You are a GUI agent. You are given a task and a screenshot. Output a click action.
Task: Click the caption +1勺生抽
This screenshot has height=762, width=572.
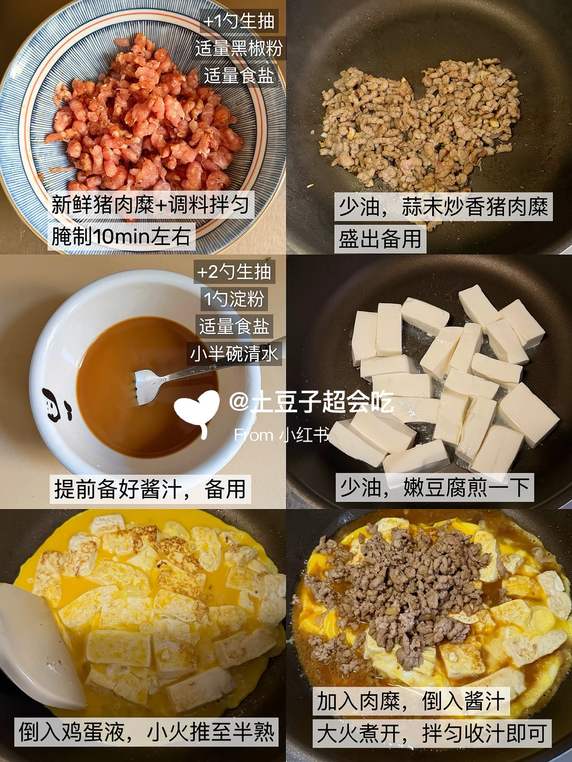pyautogui.click(x=239, y=21)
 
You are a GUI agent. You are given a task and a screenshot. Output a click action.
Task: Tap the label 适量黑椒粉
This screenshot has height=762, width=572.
pyautogui.click(x=239, y=48)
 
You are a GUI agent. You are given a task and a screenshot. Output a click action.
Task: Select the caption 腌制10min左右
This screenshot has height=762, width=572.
pyautogui.click(x=121, y=237)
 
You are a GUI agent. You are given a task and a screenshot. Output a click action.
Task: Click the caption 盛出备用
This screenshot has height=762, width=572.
pyautogui.click(x=380, y=239)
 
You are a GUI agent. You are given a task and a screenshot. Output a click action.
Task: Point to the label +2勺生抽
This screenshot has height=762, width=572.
pyautogui.click(x=234, y=271)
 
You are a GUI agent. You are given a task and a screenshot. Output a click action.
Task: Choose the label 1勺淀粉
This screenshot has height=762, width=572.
pyautogui.click(x=234, y=298)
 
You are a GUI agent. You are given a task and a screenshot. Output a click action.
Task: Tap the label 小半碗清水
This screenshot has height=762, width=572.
pyautogui.click(x=234, y=354)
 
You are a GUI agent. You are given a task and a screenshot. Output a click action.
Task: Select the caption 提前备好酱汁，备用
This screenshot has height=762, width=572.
pyautogui.click(x=150, y=489)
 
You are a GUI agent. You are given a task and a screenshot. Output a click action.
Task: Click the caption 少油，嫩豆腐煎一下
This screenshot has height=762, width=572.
pyautogui.click(x=434, y=487)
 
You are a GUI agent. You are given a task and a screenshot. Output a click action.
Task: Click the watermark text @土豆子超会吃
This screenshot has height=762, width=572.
pyautogui.click(x=311, y=402)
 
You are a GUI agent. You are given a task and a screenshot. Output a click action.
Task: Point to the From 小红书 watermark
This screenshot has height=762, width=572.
pyautogui.click(x=281, y=435)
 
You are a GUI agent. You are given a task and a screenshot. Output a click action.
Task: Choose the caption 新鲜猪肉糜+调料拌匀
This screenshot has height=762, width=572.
pyautogui.click(x=151, y=205)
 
